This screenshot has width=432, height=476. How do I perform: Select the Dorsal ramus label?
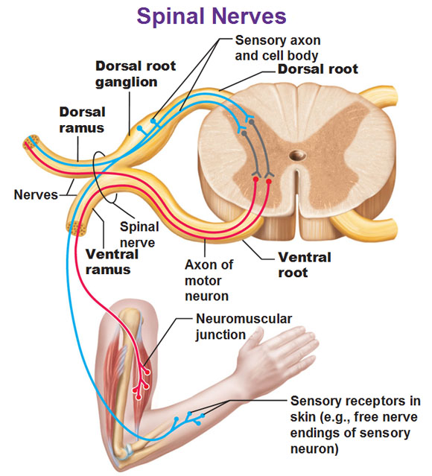coord(82,120)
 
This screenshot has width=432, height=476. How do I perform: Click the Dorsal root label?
coord(318,69)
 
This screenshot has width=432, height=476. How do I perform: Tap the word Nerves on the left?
coord(35,195)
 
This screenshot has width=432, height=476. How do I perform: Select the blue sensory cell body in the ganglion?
coord(153,119)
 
